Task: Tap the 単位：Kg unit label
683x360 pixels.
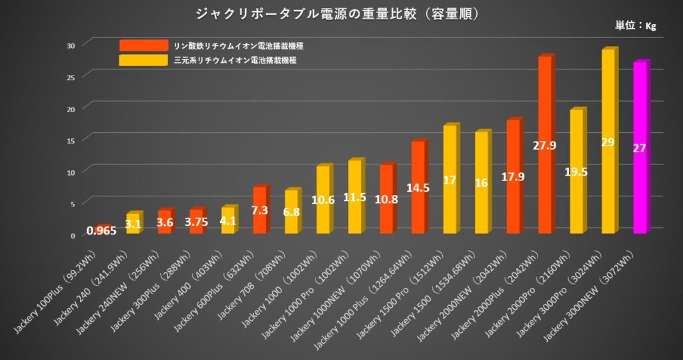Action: tap(636, 26)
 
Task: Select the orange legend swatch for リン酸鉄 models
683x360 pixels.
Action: tap(143, 45)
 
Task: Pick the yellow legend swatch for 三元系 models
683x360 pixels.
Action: tap(143, 61)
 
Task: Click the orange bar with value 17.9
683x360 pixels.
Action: tap(513, 176)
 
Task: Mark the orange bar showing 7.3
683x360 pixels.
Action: tap(259, 210)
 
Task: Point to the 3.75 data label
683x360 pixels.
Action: tap(196, 222)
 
